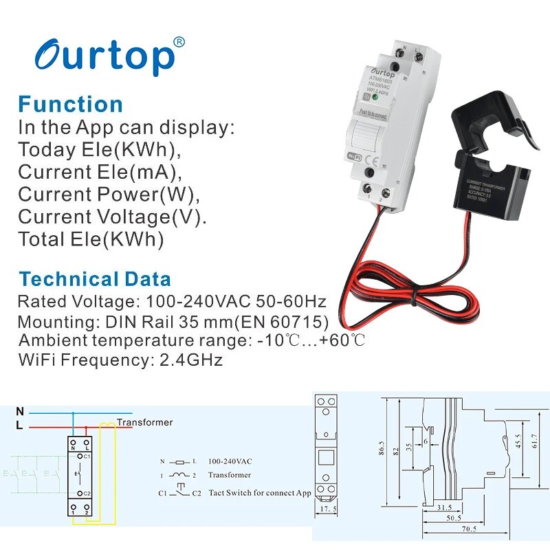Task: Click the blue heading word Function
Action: click(x=70, y=104)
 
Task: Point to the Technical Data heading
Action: click(x=95, y=279)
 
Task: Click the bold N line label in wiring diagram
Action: click(x=20, y=411)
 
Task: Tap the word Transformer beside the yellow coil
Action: click(x=144, y=422)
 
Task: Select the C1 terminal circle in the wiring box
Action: click(x=80, y=456)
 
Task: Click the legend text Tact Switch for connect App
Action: click(x=259, y=493)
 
